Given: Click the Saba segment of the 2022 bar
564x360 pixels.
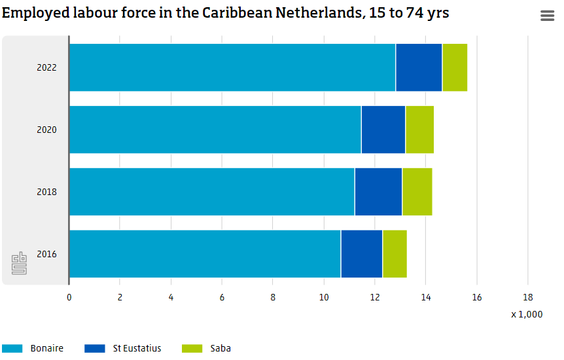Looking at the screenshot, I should (455, 67).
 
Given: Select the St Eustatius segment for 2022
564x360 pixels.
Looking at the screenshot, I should (419, 67).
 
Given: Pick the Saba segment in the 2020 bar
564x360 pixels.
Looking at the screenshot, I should (419, 130).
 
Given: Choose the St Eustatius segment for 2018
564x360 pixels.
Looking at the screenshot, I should (378, 192).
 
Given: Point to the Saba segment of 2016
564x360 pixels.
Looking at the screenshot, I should (395, 254).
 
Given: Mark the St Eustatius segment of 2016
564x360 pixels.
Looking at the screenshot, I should (361, 254).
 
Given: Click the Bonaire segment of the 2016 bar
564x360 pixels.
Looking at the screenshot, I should (205, 254).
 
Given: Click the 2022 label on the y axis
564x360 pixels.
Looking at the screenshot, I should (46, 67).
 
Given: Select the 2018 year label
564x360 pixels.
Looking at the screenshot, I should (46, 192).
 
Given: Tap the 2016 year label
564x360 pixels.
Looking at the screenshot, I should (46, 254).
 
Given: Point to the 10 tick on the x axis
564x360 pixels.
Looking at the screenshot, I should (324, 297).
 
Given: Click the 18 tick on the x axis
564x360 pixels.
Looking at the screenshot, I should (527, 297).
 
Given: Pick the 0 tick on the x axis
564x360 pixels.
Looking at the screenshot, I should (69, 297).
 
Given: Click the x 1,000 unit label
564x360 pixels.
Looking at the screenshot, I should (527, 314).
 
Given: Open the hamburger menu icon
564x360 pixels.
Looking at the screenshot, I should (547, 16).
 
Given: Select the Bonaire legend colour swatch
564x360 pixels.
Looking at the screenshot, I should (12, 348).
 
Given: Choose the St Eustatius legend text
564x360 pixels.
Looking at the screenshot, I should (137, 348).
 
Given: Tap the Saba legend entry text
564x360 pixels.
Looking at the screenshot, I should (220, 348).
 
